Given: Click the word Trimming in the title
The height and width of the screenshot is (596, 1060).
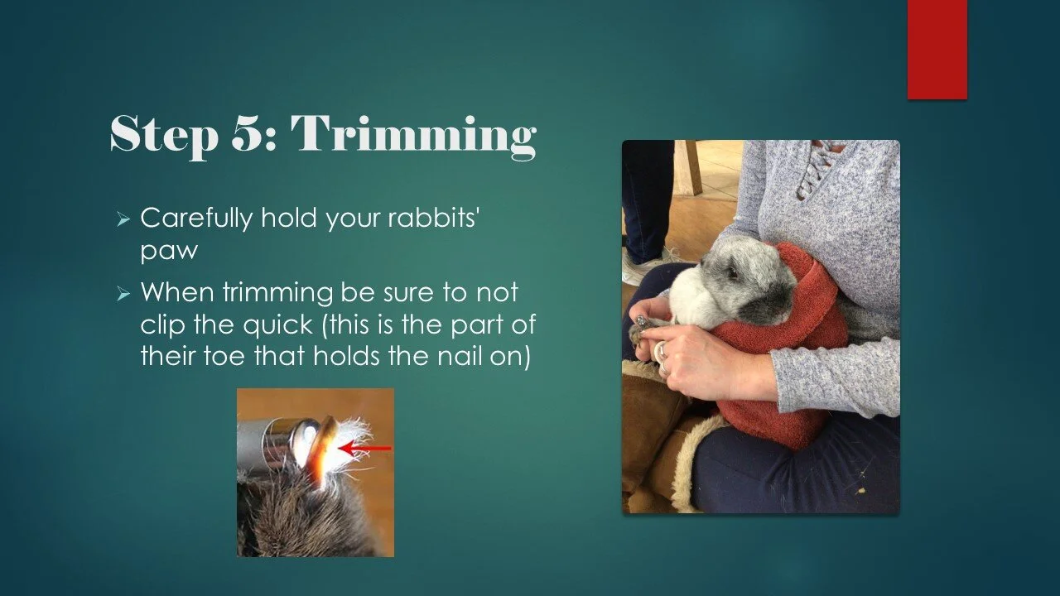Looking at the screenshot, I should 413,134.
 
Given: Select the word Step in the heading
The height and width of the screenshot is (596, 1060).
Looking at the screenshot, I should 161,134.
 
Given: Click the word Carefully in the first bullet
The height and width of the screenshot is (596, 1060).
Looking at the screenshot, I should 195,219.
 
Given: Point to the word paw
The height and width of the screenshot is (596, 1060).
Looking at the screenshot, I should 169,250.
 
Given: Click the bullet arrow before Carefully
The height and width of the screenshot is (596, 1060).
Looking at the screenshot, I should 123,220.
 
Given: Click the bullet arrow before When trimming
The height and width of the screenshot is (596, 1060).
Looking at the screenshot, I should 123,295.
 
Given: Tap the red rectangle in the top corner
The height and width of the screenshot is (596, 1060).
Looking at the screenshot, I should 937,49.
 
